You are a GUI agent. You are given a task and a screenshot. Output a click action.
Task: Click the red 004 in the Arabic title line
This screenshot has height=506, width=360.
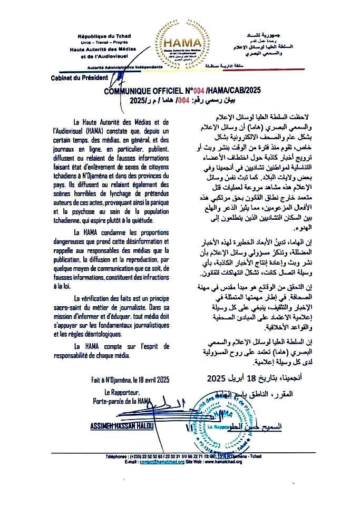(x=184, y=99)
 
